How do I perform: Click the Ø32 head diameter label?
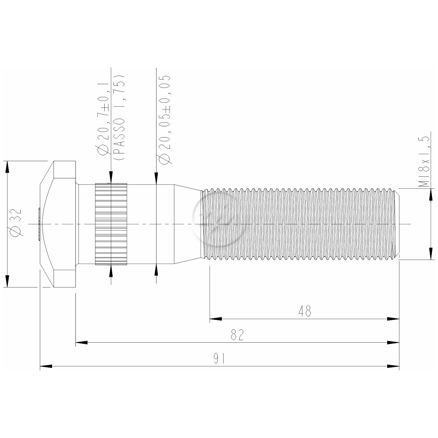(x=17, y=223)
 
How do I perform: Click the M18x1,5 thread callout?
(x=424, y=161)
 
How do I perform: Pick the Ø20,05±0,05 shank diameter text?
(x=165, y=119)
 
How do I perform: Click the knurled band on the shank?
(x=111, y=224)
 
